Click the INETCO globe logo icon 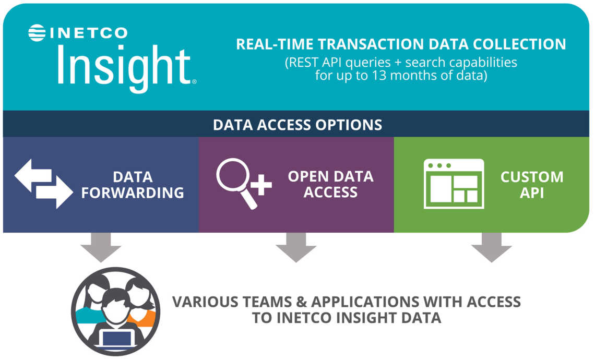point(37,33)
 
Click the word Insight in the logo point(123,67)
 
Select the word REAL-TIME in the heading point(272,44)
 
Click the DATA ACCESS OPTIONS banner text point(297,125)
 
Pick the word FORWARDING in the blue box point(133,193)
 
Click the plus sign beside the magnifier point(261,185)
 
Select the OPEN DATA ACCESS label point(330,184)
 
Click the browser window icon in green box point(453,184)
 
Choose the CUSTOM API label point(531,184)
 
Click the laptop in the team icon point(116,338)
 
